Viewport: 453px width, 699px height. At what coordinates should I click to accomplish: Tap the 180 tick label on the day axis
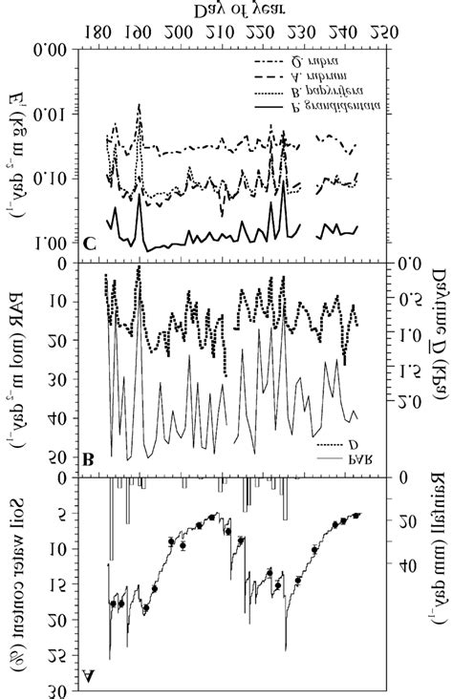tap(101, 32)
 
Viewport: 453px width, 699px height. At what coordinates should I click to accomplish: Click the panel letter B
tap(88, 459)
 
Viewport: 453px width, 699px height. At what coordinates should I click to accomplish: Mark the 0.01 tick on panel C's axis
tap(57, 116)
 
